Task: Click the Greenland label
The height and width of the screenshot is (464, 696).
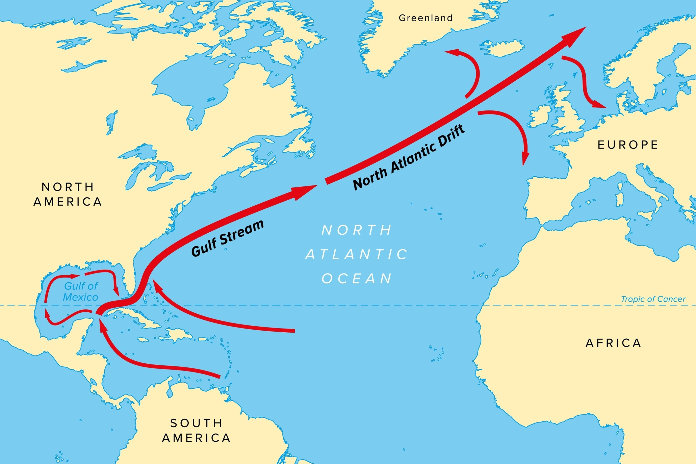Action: click(426, 18)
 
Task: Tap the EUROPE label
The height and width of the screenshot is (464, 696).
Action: click(628, 145)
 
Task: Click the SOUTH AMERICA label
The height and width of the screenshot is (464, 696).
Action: click(196, 431)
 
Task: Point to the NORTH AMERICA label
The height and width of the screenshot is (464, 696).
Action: click(68, 194)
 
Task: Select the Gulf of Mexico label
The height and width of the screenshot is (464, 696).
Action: click(80, 292)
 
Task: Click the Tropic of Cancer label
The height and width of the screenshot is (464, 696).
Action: click(653, 299)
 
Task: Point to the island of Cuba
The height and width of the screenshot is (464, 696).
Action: click(142, 318)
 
